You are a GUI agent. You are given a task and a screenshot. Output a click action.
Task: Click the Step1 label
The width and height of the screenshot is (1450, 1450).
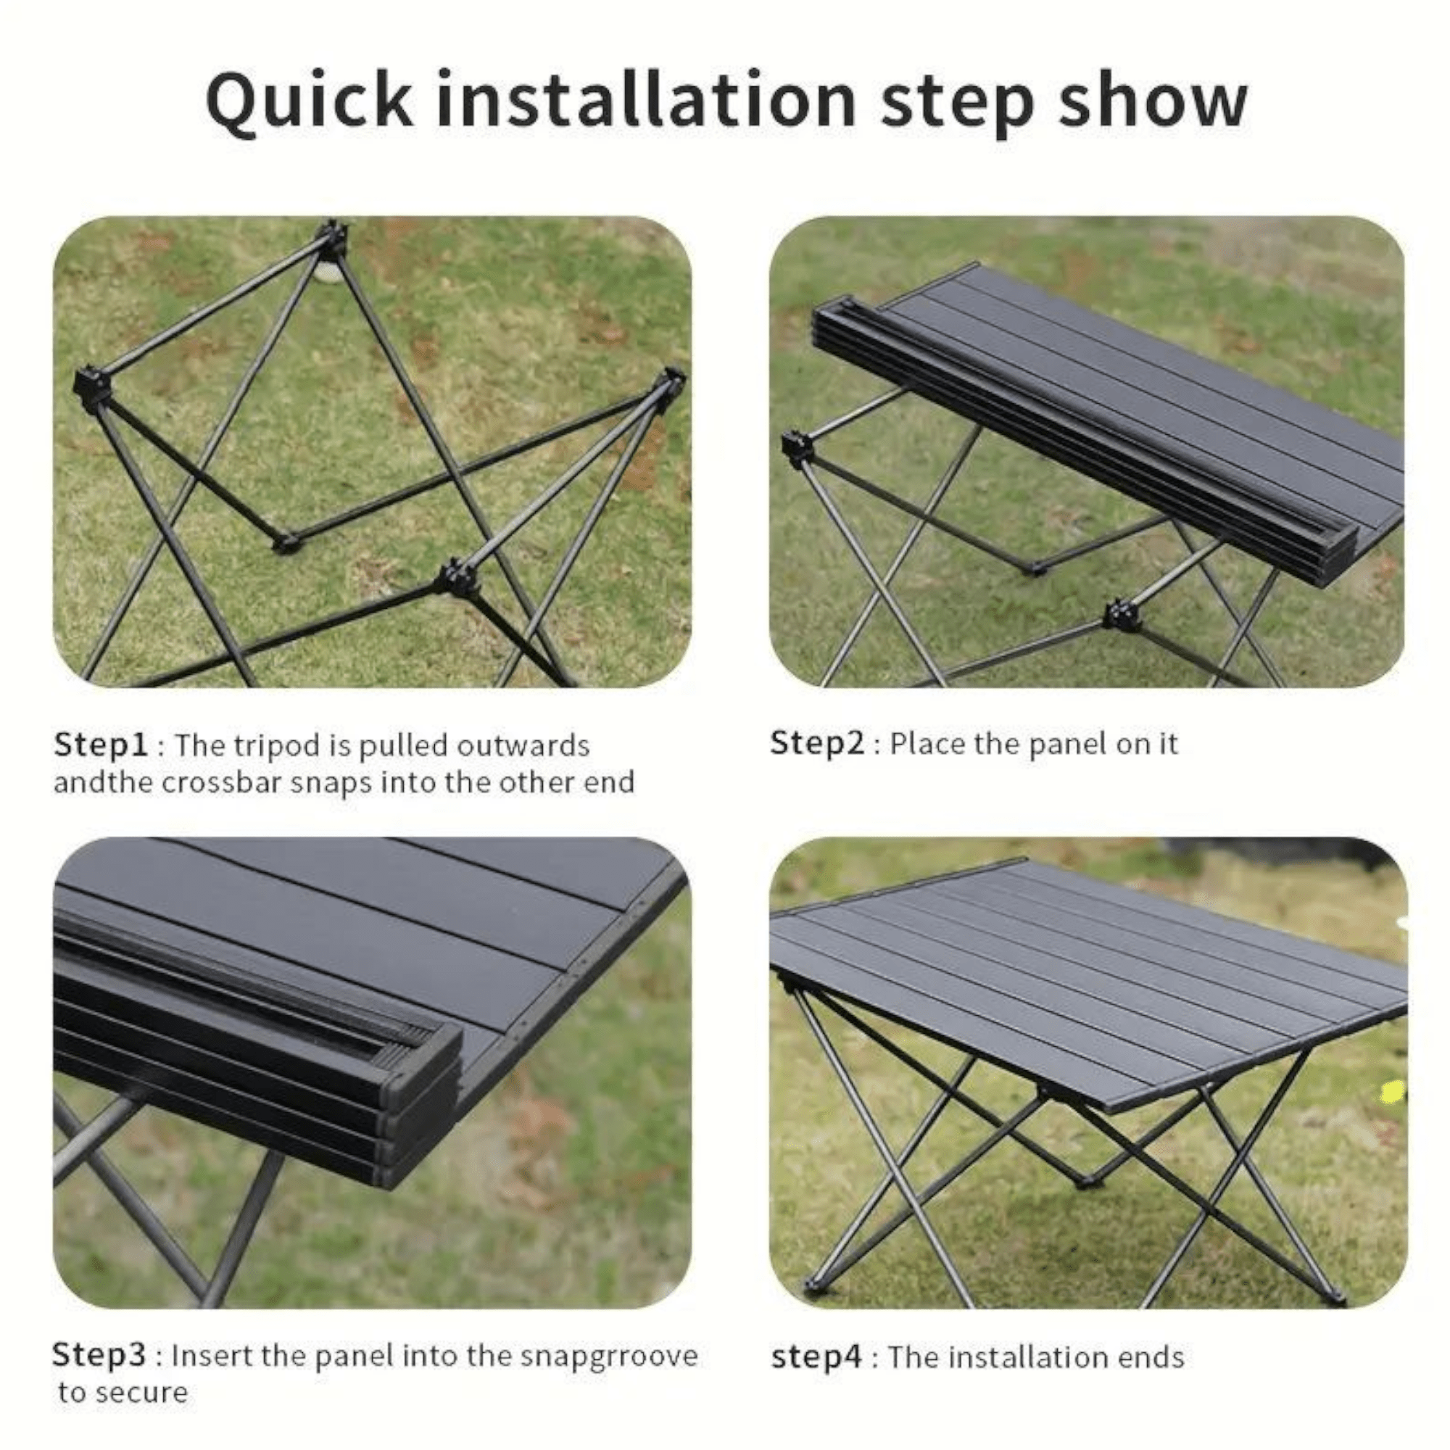pyautogui.click(x=102, y=746)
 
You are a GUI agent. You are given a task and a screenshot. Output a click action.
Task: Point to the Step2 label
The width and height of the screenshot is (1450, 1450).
pyautogui.click(x=818, y=744)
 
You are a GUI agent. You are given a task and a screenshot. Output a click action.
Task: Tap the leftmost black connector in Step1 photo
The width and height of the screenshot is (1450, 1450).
pyautogui.click(x=91, y=389)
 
